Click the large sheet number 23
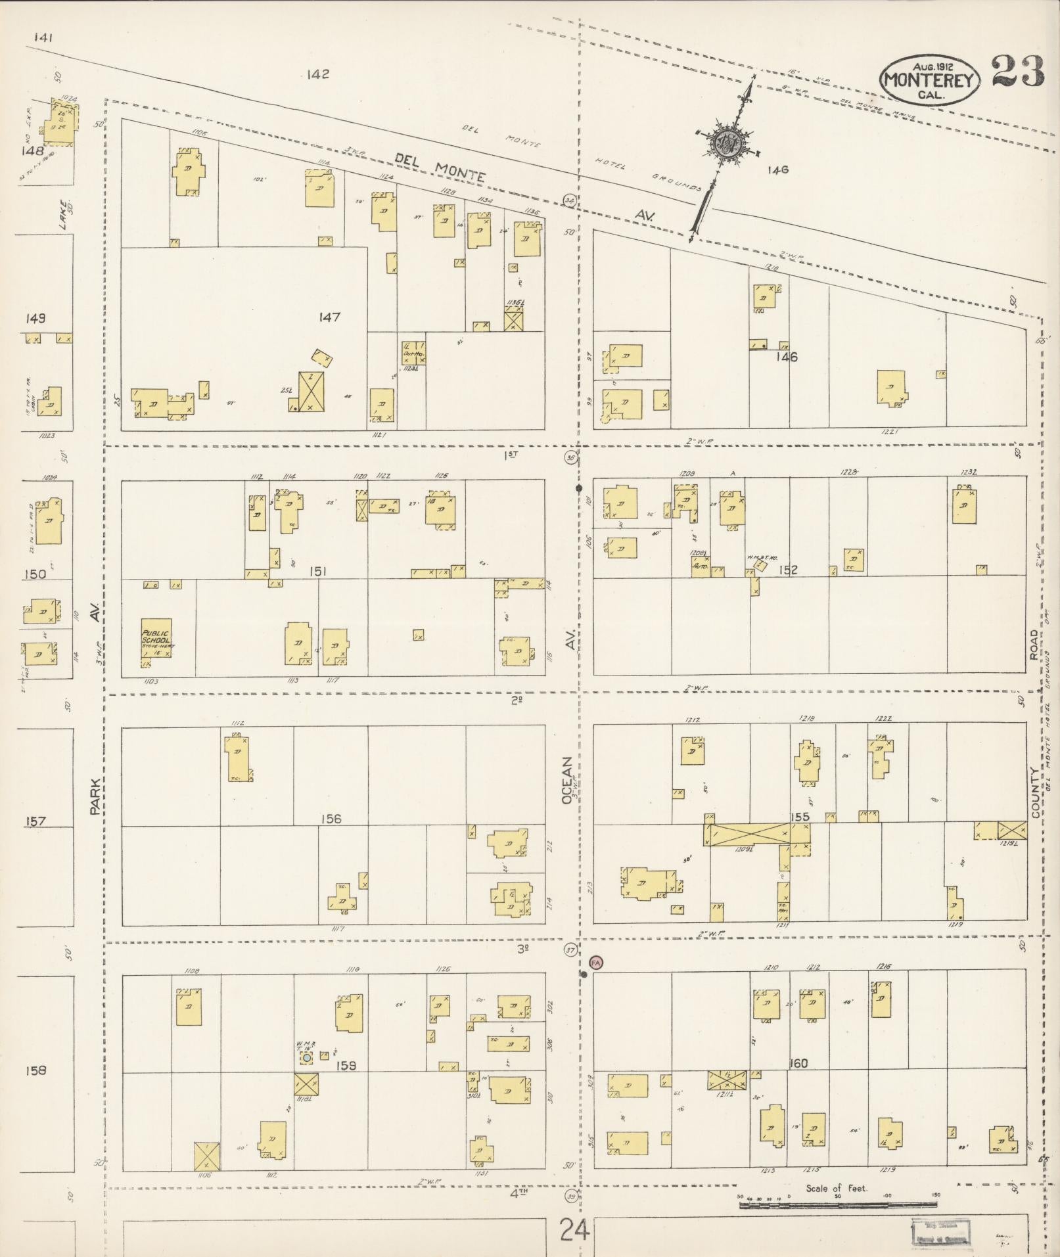(1017, 72)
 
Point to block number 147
(329, 317)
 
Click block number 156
(331, 819)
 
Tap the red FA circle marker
(596, 962)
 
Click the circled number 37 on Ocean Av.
(570, 950)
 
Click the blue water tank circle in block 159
(307, 1058)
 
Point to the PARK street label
(96, 797)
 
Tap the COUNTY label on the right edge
(1035, 792)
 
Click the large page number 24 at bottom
(575, 1229)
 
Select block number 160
(799, 1064)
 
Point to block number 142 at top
(317, 75)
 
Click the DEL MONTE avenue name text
(440, 167)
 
